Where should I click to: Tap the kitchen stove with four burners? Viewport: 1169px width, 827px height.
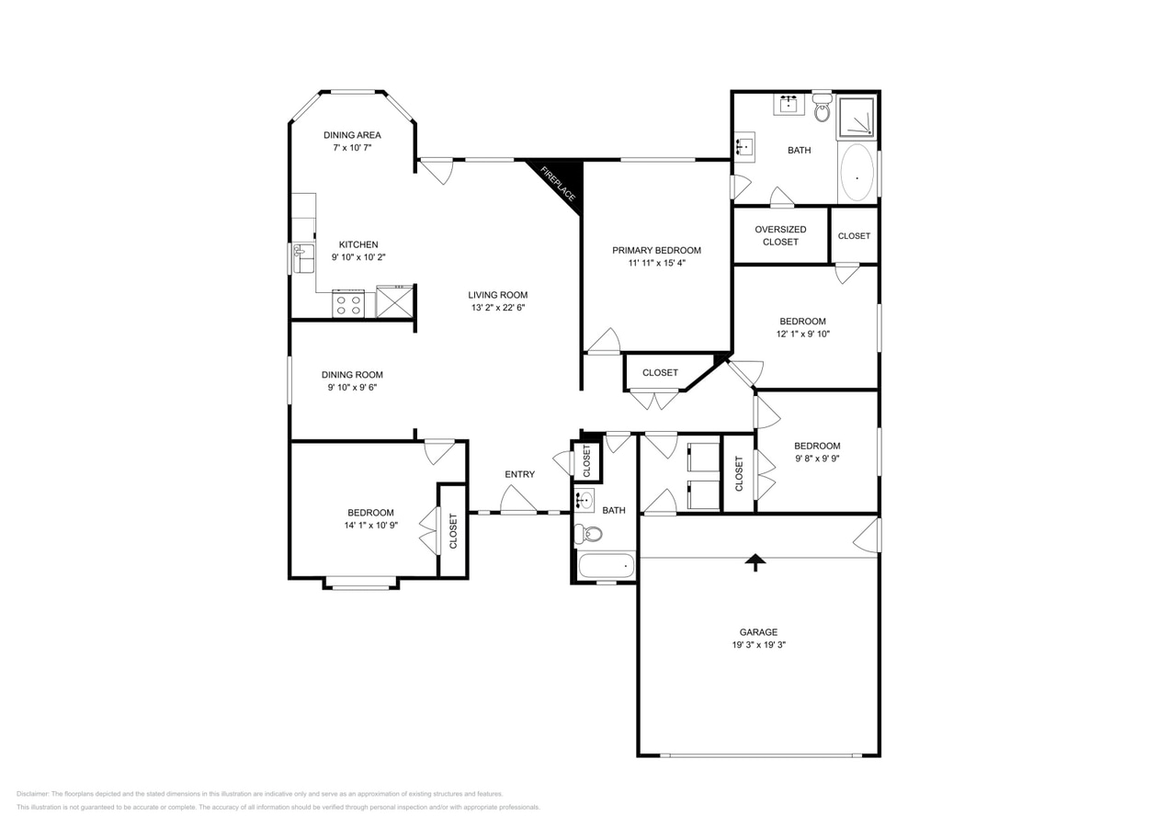pos(348,304)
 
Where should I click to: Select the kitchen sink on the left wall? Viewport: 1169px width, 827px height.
pos(302,258)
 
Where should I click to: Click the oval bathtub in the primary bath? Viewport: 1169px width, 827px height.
pos(857,173)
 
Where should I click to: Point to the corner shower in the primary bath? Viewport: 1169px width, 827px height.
pos(856,118)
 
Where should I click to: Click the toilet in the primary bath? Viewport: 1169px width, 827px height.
pos(822,109)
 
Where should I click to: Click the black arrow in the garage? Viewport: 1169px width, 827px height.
pos(755,561)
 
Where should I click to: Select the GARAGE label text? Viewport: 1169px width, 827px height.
pos(758,632)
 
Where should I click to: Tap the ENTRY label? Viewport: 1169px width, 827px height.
pos(519,474)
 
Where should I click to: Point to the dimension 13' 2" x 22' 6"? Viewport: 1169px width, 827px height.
pos(498,308)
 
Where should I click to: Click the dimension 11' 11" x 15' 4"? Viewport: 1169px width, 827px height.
pos(656,263)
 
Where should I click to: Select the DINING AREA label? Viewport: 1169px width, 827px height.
pos(352,135)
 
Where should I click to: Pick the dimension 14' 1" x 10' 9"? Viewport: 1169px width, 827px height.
pos(370,526)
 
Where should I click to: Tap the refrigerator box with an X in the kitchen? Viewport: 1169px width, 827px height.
pos(394,301)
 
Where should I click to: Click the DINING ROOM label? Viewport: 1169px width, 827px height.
pos(352,375)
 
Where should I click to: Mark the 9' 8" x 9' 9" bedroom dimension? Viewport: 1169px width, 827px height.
pos(817,459)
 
